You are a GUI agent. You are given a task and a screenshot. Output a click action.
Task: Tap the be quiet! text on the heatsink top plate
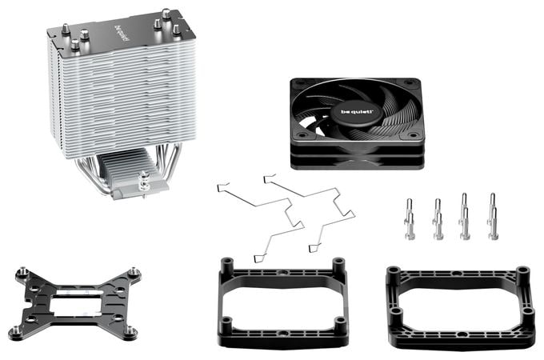(x=119, y=34)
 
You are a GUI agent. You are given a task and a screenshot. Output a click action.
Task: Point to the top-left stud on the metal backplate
(x=23, y=271)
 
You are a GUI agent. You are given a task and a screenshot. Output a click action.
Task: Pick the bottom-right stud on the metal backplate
(x=130, y=330)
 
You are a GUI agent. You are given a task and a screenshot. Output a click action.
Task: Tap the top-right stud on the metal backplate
(x=134, y=272)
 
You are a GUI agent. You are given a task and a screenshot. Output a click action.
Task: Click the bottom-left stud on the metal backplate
(x=16, y=330)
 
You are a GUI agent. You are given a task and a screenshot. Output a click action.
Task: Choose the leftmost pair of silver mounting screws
(x=410, y=219)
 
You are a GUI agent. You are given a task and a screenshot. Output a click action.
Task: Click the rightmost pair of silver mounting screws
(x=493, y=217)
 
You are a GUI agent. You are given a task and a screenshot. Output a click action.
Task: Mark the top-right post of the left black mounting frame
(x=338, y=266)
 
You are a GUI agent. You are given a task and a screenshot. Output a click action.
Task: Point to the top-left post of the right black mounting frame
(x=393, y=274)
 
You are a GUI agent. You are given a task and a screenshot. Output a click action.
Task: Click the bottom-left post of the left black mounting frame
(x=226, y=326)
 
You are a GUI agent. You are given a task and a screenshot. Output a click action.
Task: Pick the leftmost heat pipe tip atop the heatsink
(x=66, y=30)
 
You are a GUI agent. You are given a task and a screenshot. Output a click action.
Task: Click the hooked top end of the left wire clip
(x=222, y=187)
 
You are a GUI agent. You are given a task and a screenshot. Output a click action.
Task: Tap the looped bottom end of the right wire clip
(x=314, y=248)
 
